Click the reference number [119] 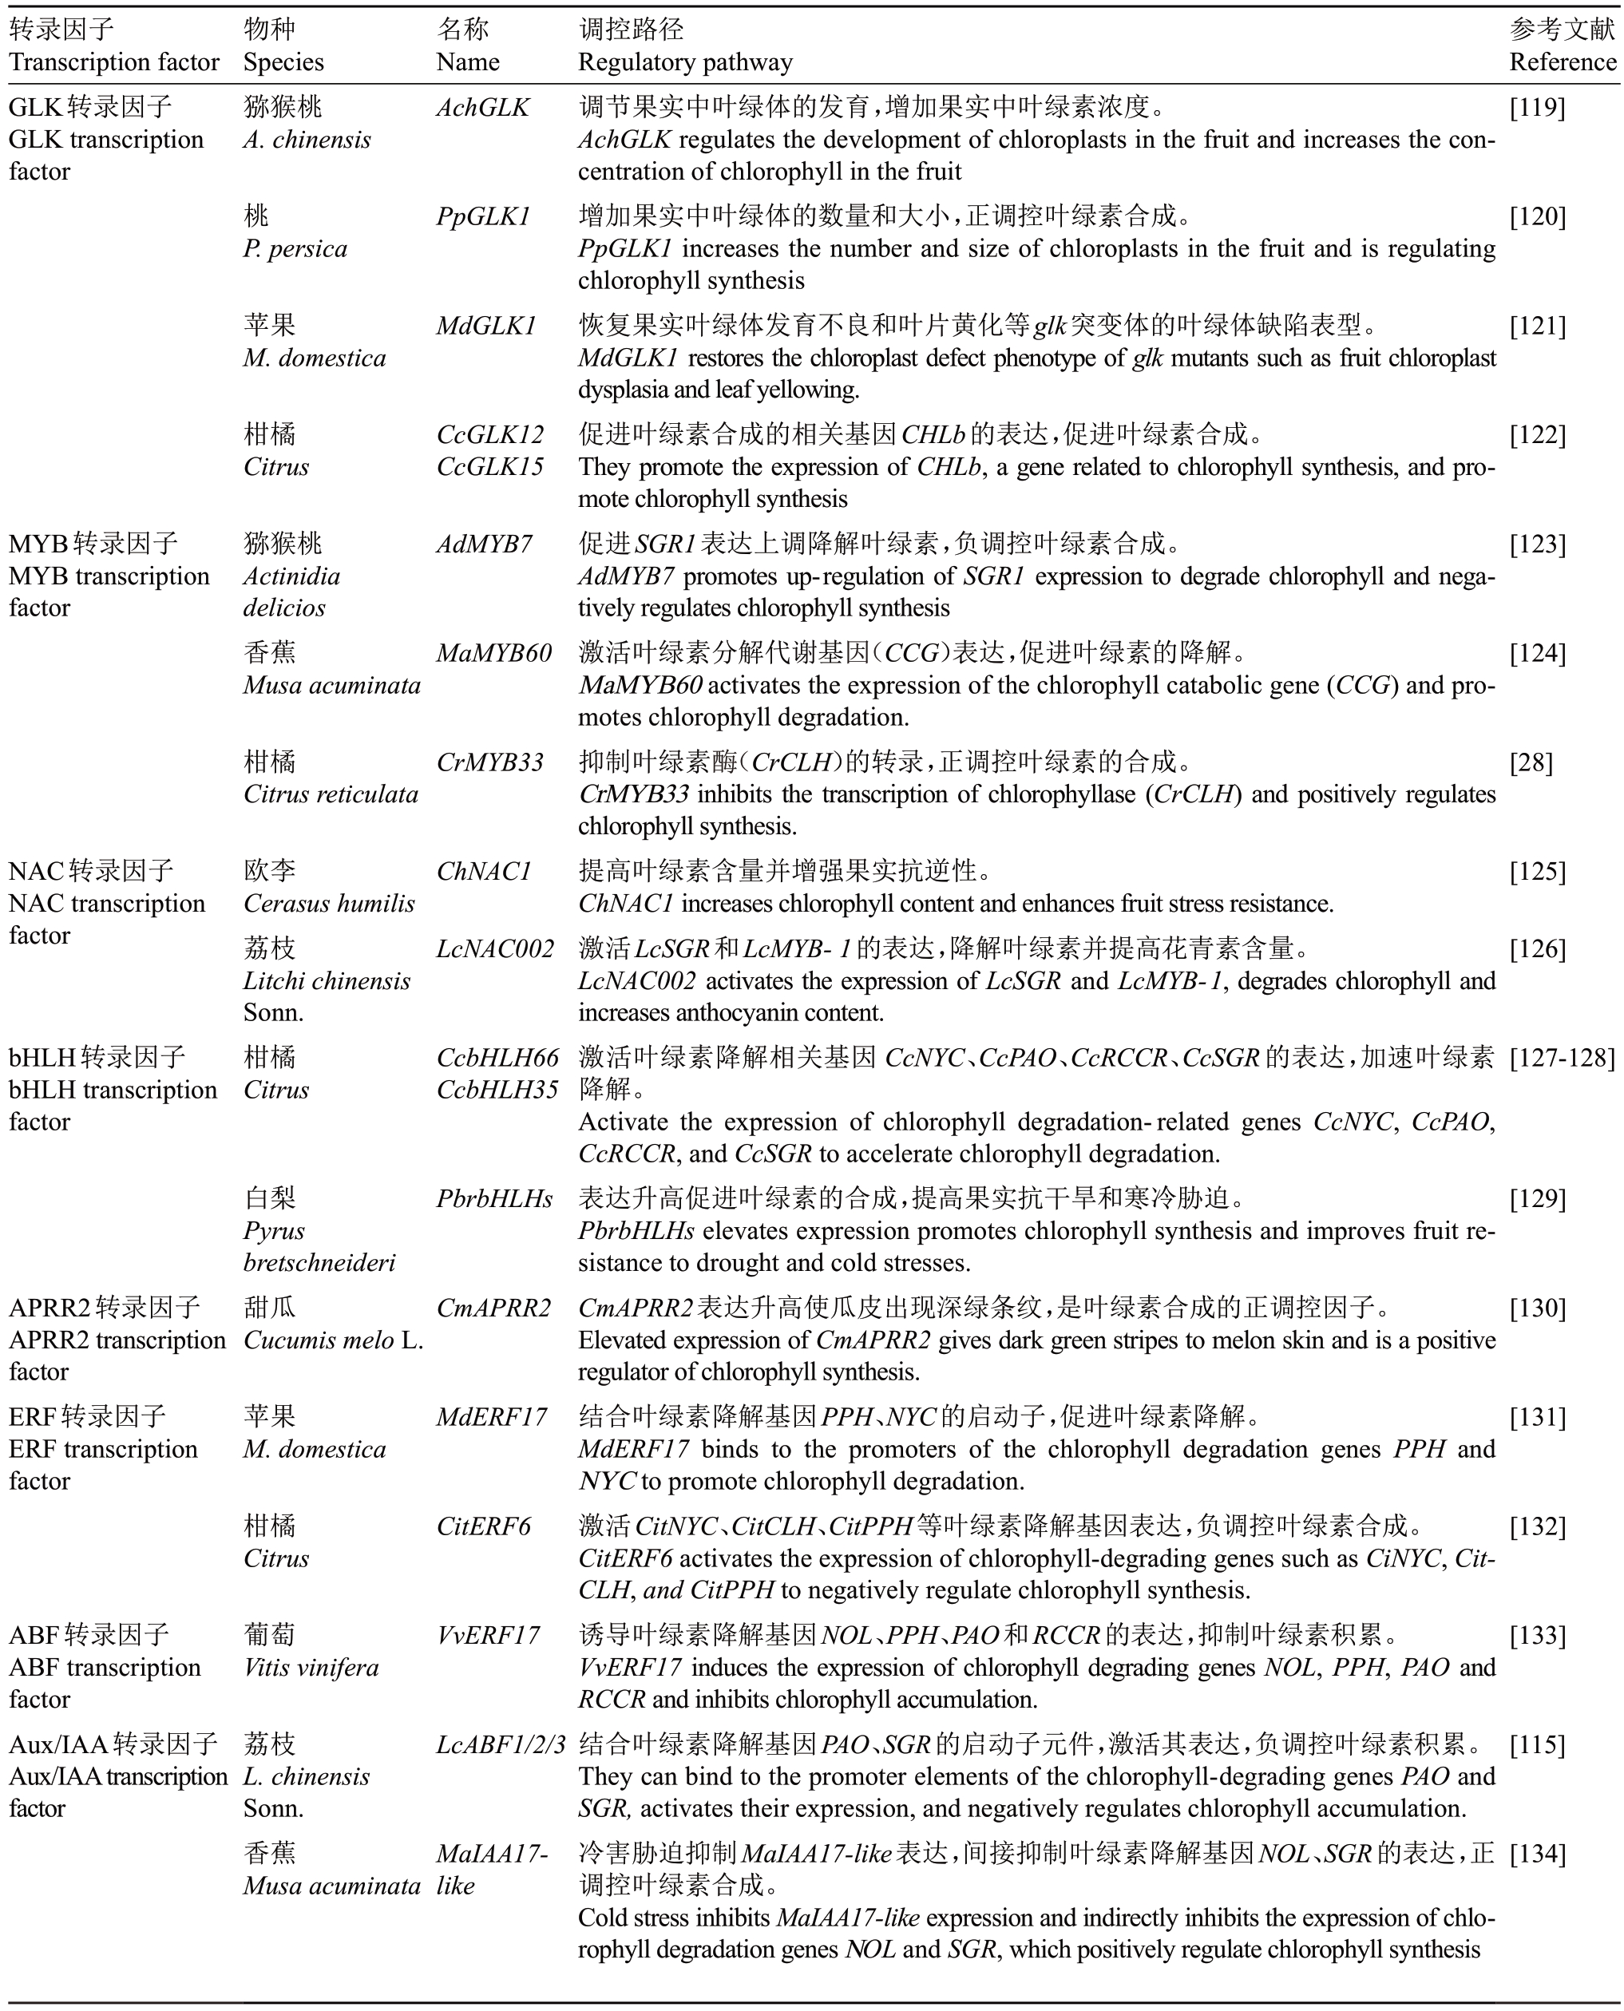pos(1537,108)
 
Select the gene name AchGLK pos(483,108)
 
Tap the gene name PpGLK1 pos(483,217)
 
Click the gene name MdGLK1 pos(486,326)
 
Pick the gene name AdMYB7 pos(484,544)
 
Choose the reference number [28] pos(1531,762)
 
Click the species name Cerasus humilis pos(328,904)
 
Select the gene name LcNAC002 pos(495,948)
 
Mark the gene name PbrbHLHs pos(494,1198)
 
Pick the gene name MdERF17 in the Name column pos(491,1417)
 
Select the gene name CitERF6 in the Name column pos(483,1526)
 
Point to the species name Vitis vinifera pos(311,1668)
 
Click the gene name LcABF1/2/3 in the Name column pos(501,1744)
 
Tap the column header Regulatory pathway pos(685,61)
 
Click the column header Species pos(283,61)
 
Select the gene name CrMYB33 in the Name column pos(490,762)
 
